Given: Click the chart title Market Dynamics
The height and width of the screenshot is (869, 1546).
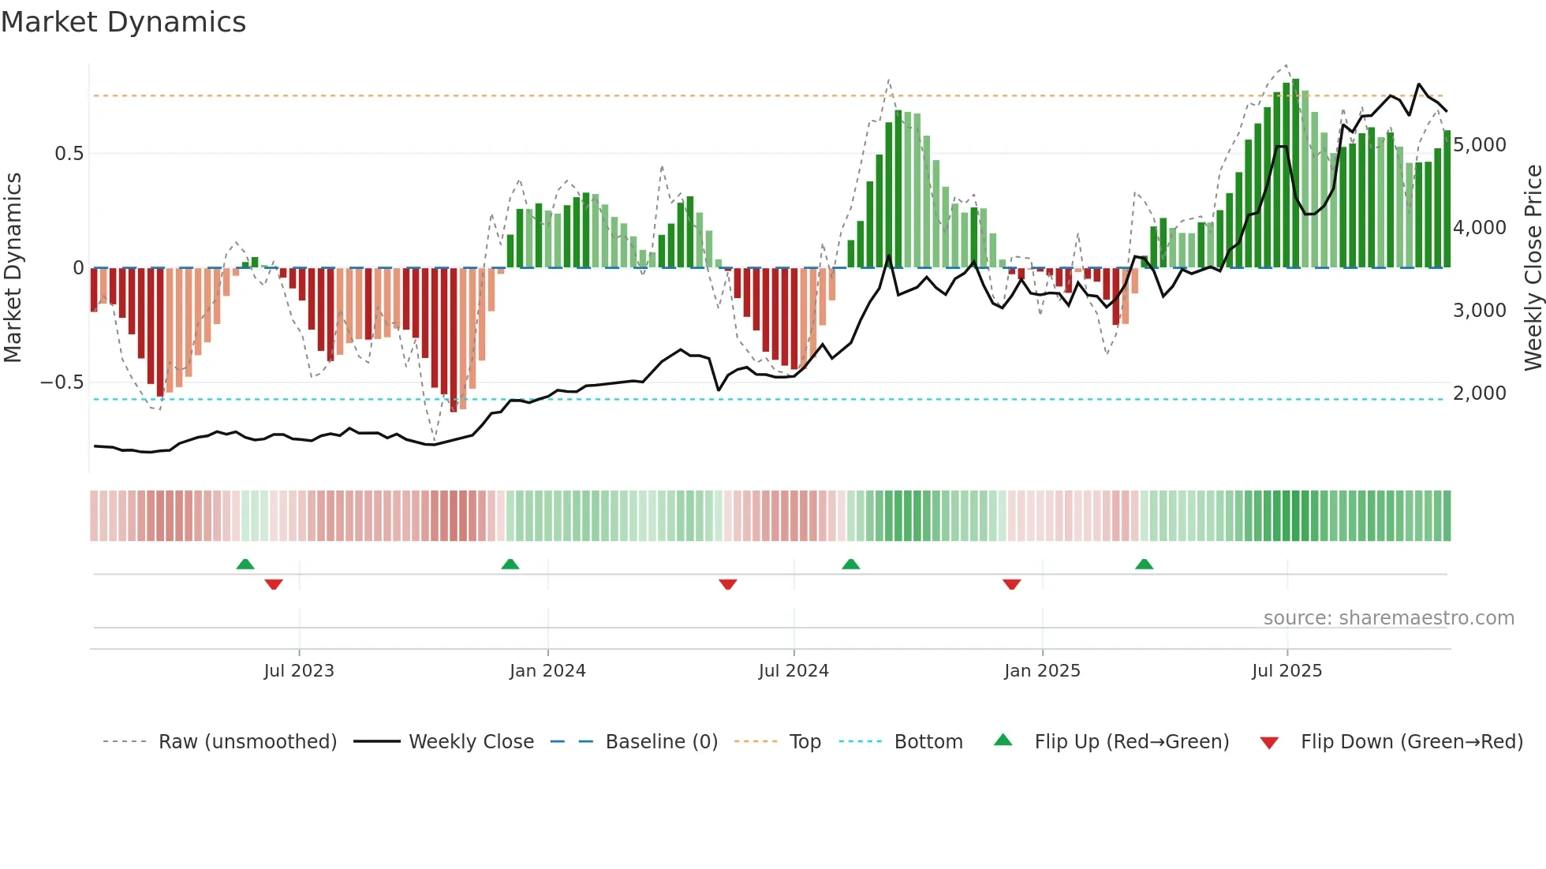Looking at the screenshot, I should (x=123, y=22).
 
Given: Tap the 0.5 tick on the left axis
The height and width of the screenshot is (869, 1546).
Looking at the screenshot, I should (x=69, y=154).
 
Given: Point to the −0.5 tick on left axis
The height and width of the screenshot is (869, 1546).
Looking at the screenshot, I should (x=62, y=382).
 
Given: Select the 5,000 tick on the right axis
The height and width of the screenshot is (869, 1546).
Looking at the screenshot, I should (x=1479, y=145).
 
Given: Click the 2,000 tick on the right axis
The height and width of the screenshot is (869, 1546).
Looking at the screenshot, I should (x=1479, y=393).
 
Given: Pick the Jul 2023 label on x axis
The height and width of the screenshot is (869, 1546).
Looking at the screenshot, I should (x=299, y=671).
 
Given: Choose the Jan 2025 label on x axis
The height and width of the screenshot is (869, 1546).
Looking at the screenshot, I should (x=1042, y=671).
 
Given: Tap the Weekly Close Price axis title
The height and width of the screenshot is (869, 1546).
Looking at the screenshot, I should (x=1533, y=268).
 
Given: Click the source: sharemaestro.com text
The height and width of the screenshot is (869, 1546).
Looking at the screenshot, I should (x=1388, y=618).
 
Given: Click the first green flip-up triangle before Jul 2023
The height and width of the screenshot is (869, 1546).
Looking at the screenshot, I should (x=245, y=565).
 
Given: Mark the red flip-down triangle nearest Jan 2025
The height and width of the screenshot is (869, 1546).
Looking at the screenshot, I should (x=1012, y=584).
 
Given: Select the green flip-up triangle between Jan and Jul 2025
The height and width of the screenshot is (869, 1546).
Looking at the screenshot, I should (x=1145, y=565).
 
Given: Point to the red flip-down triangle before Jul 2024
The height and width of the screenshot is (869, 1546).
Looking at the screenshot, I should (x=728, y=584).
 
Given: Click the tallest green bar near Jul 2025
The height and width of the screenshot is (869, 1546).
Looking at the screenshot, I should (x=1295, y=173).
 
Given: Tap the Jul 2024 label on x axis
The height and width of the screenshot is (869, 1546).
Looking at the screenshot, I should (x=794, y=671).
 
